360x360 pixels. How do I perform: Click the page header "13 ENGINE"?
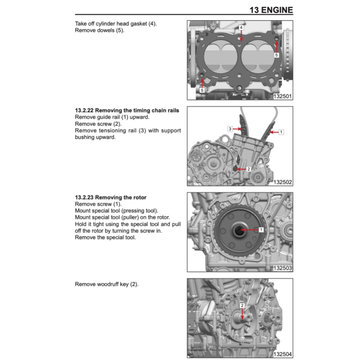pos(271,10)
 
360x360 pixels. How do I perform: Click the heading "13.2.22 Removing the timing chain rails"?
pos(127,110)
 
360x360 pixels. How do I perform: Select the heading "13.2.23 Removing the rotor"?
pos(111,197)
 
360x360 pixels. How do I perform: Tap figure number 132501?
pos(283,96)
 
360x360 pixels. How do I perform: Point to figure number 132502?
pos(283,182)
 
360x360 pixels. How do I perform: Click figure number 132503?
pos(283,268)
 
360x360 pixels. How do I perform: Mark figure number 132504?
pos(283,354)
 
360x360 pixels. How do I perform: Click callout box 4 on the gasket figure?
pos(241,27)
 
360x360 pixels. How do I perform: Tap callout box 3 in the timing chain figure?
pos(230,129)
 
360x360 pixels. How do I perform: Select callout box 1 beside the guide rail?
pos(281,132)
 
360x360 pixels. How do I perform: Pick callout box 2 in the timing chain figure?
pos(249,169)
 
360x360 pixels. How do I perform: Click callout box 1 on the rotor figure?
pos(261,230)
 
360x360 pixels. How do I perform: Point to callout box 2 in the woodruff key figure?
pos(242,306)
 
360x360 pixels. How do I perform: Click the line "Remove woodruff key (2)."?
pos(107,284)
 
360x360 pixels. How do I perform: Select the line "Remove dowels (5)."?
pos(99,30)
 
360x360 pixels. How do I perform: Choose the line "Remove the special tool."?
pos(105,237)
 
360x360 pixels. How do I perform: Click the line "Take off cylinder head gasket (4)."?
pos(116,24)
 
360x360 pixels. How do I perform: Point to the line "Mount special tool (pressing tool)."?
pos(116,211)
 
